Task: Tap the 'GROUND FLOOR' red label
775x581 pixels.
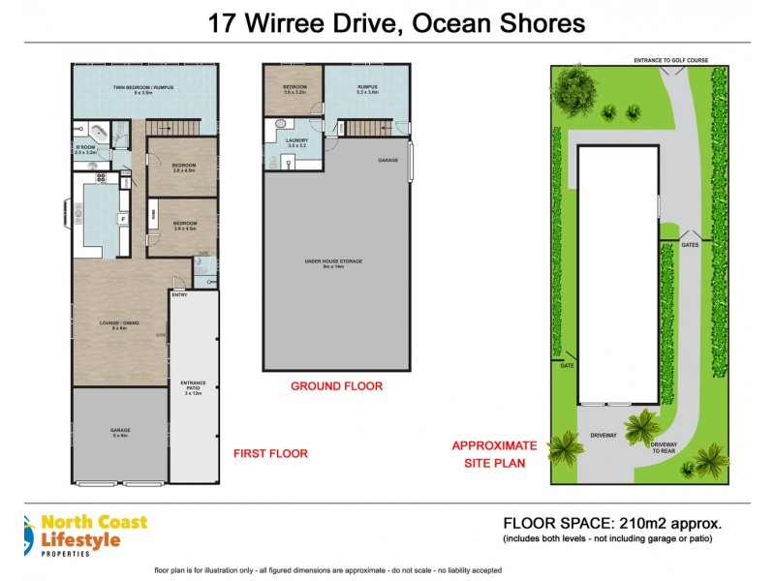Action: pos(336,385)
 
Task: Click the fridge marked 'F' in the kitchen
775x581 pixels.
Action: pos(123,219)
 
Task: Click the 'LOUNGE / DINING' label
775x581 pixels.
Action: pos(120,325)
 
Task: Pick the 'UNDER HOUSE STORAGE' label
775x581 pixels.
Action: pos(333,262)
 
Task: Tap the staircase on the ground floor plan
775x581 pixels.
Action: pos(366,128)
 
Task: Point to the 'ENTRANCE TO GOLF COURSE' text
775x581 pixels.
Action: pos(670,60)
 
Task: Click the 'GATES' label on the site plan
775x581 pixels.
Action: pos(690,244)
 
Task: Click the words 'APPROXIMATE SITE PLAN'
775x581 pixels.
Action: pos(494,454)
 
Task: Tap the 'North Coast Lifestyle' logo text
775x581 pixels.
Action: pos(94,531)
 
